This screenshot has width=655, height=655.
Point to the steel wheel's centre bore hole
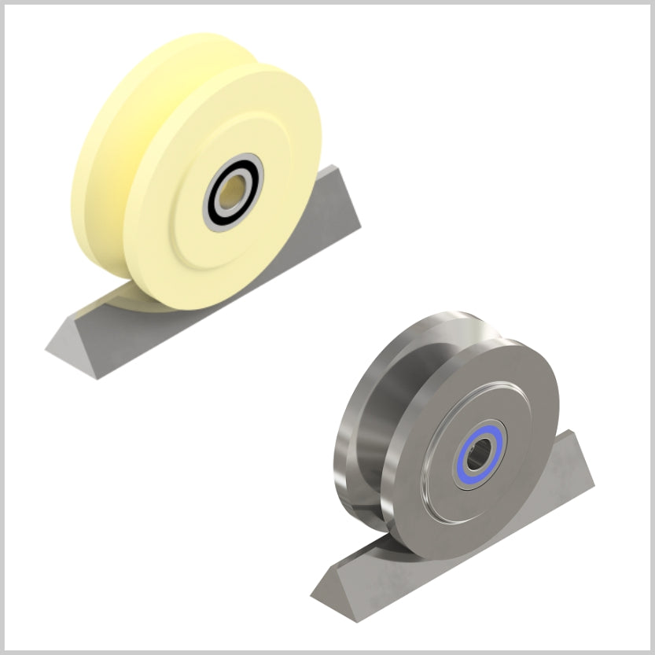point(479,454)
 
